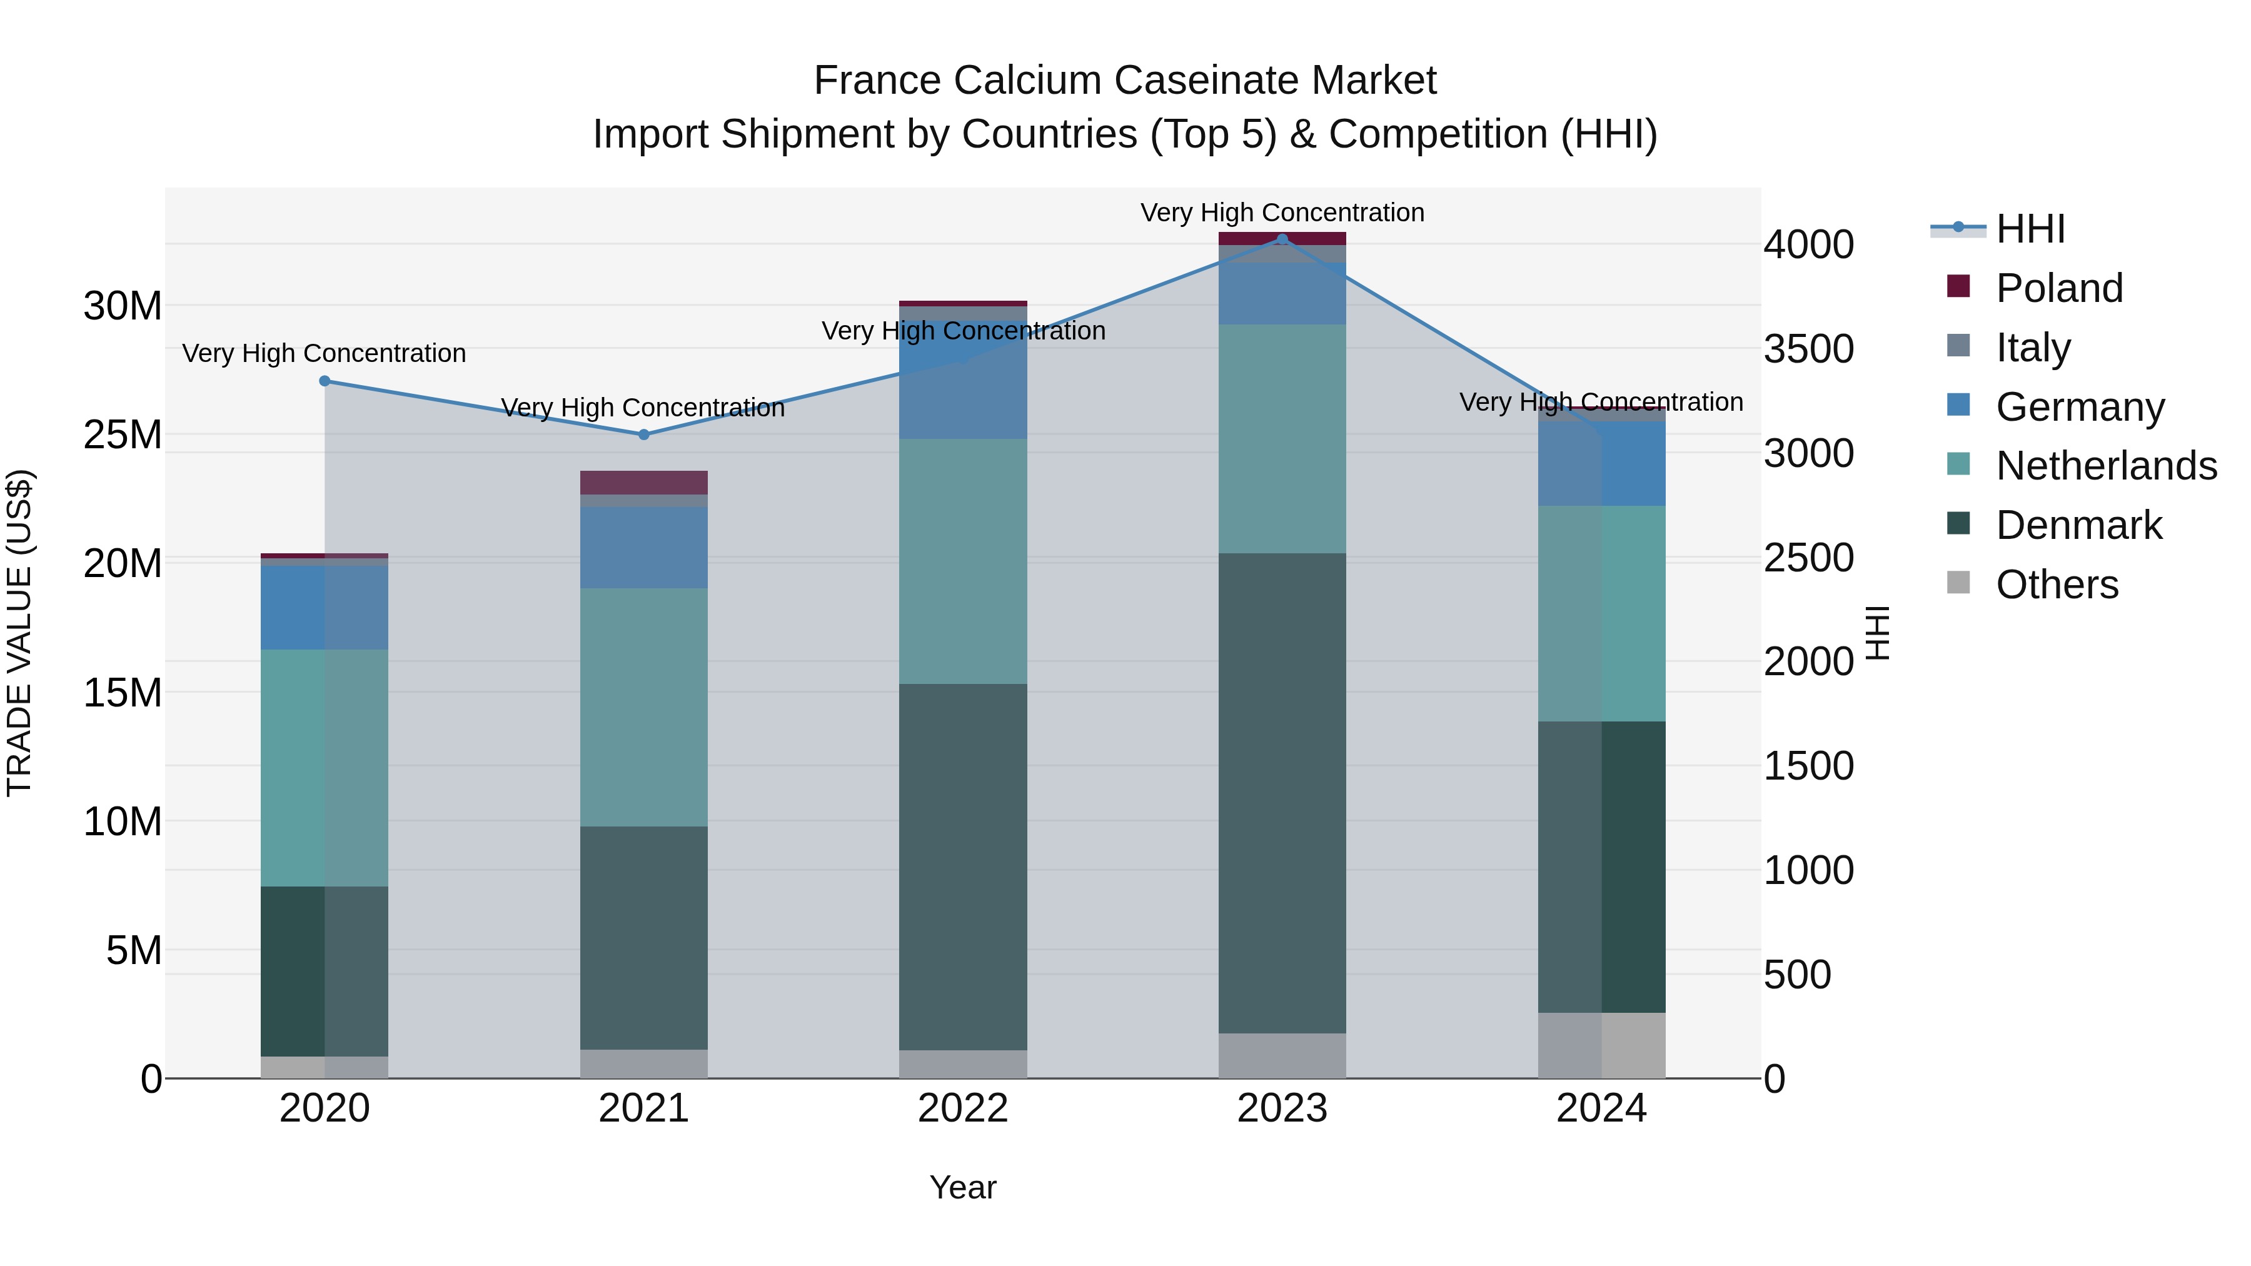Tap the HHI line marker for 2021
pos(644,435)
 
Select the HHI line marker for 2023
pos(1282,239)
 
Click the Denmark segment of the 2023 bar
pos(1282,793)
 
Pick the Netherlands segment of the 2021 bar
pos(644,707)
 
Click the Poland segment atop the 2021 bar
pos(644,482)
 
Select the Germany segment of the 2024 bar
pos(1602,463)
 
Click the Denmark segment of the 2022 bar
pos(963,866)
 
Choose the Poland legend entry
pos(2059,288)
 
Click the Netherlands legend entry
pos(2106,466)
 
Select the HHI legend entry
pos(2030,229)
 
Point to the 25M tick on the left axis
pos(123,435)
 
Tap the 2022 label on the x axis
pos(963,1108)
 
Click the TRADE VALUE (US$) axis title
pos(19,633)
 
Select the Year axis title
pos(963,1187)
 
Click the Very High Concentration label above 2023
pos(1282,213)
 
